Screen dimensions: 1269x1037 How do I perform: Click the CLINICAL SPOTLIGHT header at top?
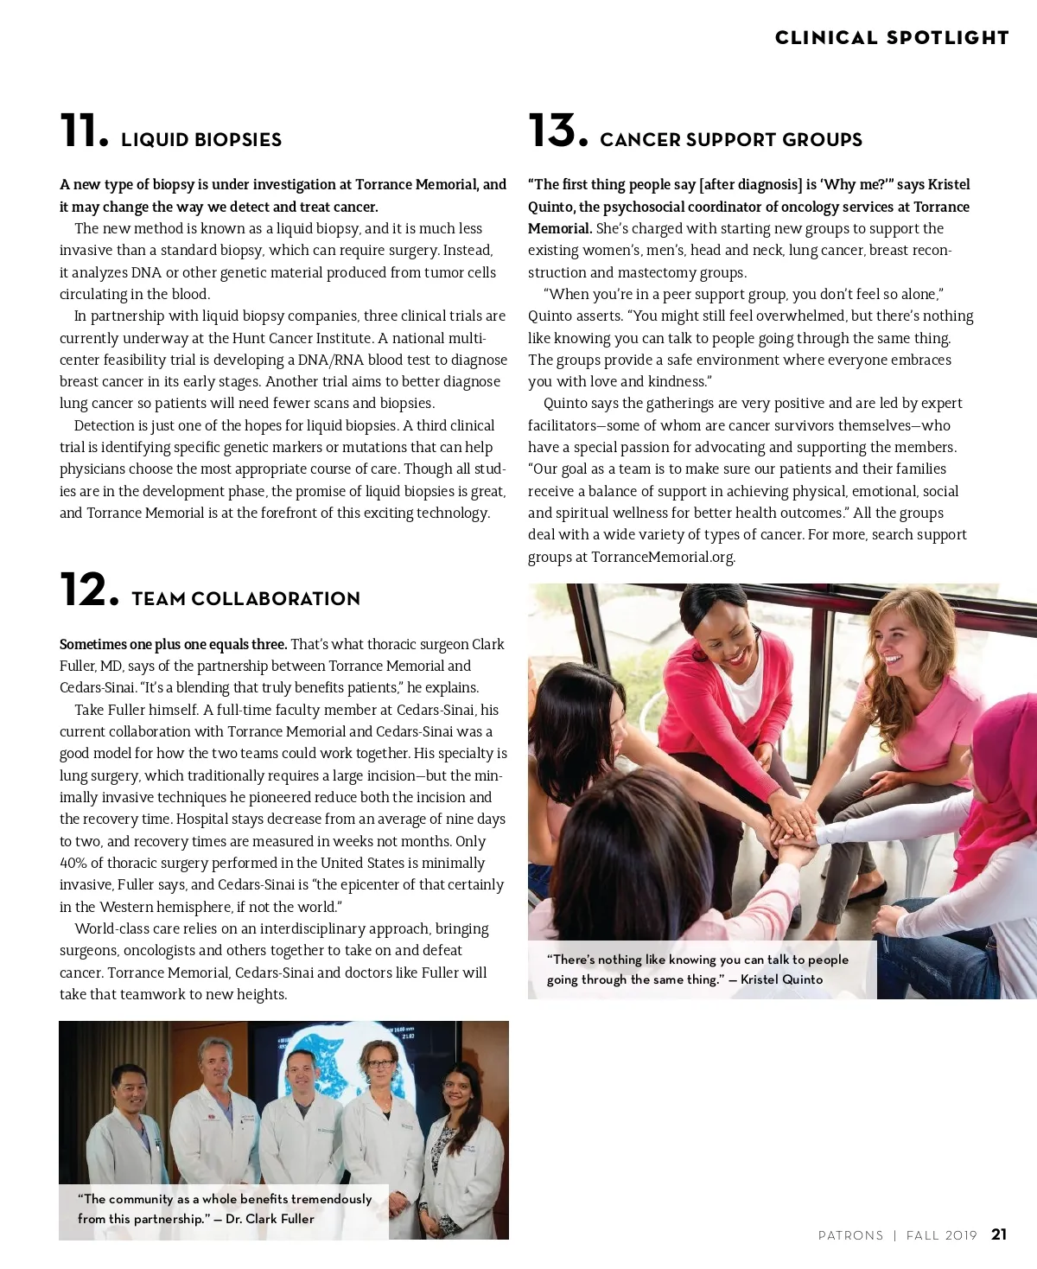coord(892,38)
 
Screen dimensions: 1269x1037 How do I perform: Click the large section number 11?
coord(84,131)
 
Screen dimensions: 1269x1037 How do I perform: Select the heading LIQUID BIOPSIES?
coord(201,140)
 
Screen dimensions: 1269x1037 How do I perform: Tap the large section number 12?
coord(88,590)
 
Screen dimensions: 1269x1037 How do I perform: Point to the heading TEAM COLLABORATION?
coord(245,599)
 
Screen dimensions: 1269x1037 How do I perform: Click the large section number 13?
coord(557,131)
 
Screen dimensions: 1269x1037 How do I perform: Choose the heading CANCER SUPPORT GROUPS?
coord(731,140)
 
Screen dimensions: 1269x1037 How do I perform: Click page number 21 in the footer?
coord(999,1234)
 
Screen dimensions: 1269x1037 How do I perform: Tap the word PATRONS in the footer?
coord(850,1235)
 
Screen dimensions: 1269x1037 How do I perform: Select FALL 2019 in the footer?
coord(941,1235)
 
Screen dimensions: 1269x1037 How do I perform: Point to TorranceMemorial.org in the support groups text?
coord(663,557)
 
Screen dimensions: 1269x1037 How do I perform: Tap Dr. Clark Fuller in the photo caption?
coord(270,1219)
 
